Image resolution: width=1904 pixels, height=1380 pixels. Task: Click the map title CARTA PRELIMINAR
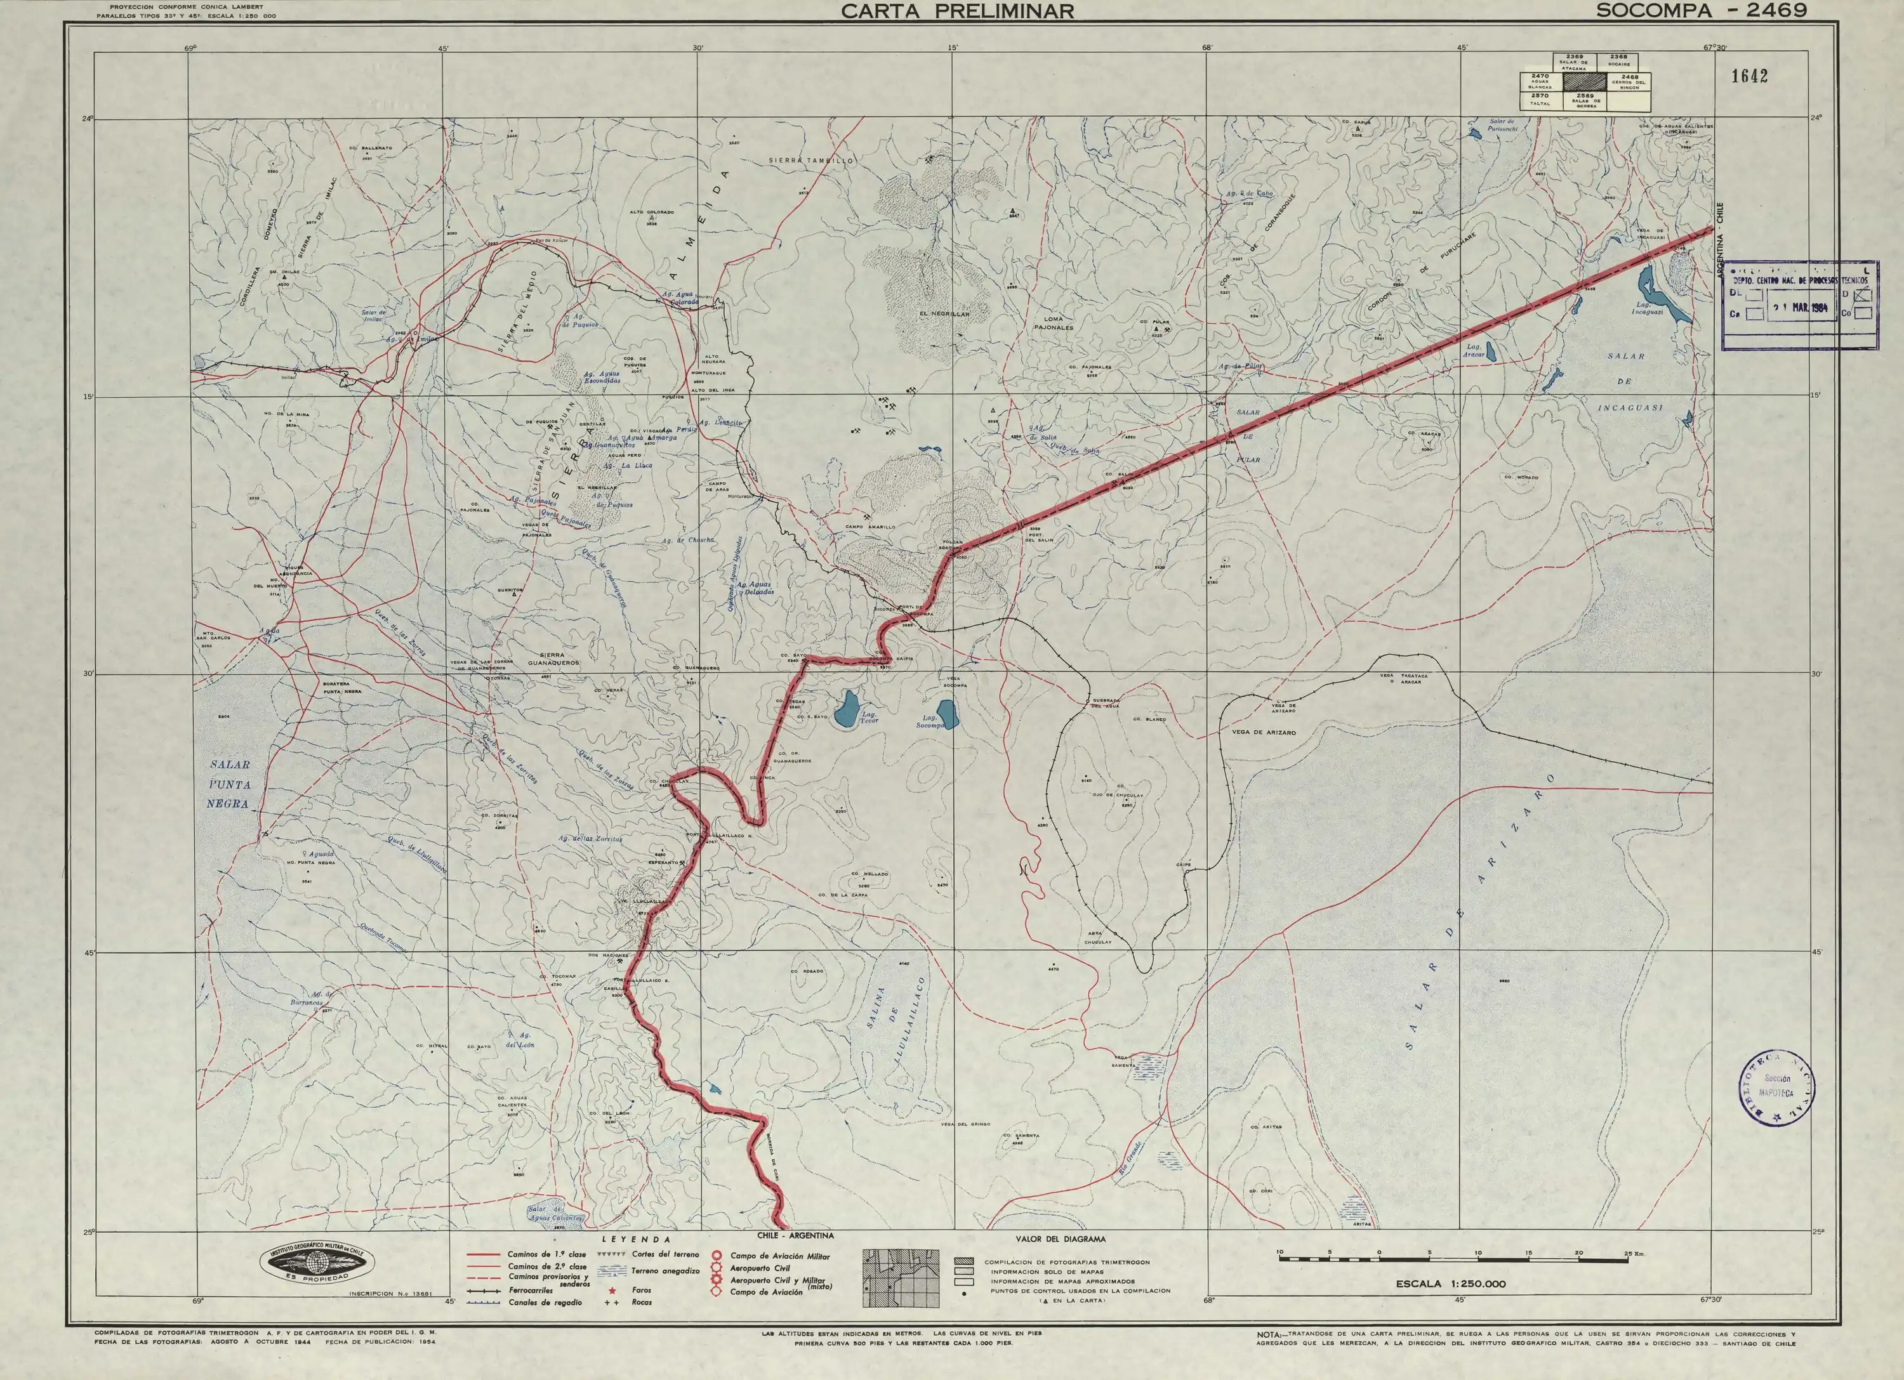point(957,11)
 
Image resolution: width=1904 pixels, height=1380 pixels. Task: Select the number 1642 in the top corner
point(1749,76)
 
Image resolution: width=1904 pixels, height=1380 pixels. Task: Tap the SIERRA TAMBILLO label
point(812,159)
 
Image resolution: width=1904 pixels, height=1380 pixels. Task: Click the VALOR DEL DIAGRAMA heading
point(1061,1239)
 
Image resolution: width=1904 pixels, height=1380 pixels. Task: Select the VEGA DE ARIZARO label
point(1264,733)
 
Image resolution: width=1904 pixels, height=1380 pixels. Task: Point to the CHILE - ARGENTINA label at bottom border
point(795,1235)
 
